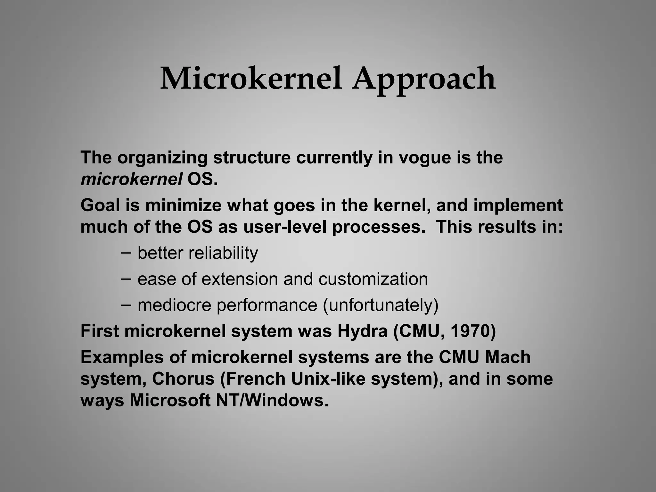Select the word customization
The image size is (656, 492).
click(x=373, y=279)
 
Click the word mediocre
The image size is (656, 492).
click(x=174, y=305)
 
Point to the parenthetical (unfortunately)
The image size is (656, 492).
click(x=381, y=305)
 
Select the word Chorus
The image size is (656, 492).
click(x=183, y=379)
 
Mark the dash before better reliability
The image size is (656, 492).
click(x=126, y=252)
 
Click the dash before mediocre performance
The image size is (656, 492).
click(x=126, y=304)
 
